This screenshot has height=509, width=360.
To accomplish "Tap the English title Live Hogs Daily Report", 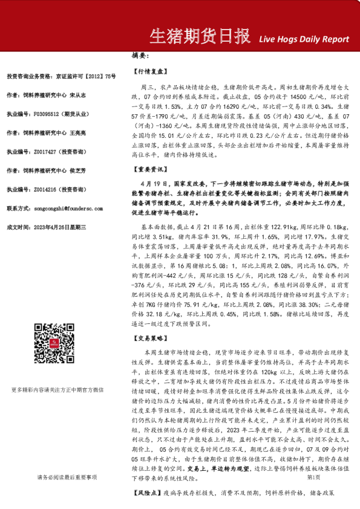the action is tap(304, 39).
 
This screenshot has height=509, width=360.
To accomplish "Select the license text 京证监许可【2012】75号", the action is tap(86, 76).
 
